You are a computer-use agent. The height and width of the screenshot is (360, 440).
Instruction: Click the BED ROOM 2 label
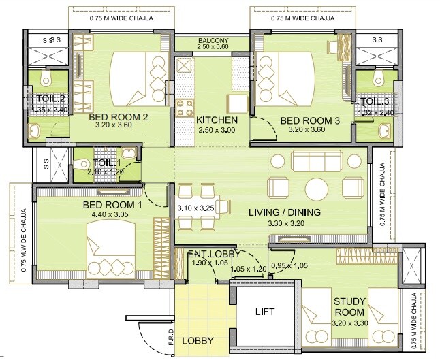tap(119, 117)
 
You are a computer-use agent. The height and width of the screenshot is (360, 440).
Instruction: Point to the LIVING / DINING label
tap(284, 212)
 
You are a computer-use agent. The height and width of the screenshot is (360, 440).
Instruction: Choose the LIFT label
tap(264, 312)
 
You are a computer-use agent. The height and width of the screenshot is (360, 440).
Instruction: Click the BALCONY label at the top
tap(213, 40)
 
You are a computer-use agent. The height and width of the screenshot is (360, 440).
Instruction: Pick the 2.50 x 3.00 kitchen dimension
tap(216, 129)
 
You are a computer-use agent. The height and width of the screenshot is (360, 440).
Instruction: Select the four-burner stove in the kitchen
tap(185, 107)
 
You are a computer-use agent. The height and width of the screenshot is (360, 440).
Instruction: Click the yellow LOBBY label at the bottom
tap(198, 340)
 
